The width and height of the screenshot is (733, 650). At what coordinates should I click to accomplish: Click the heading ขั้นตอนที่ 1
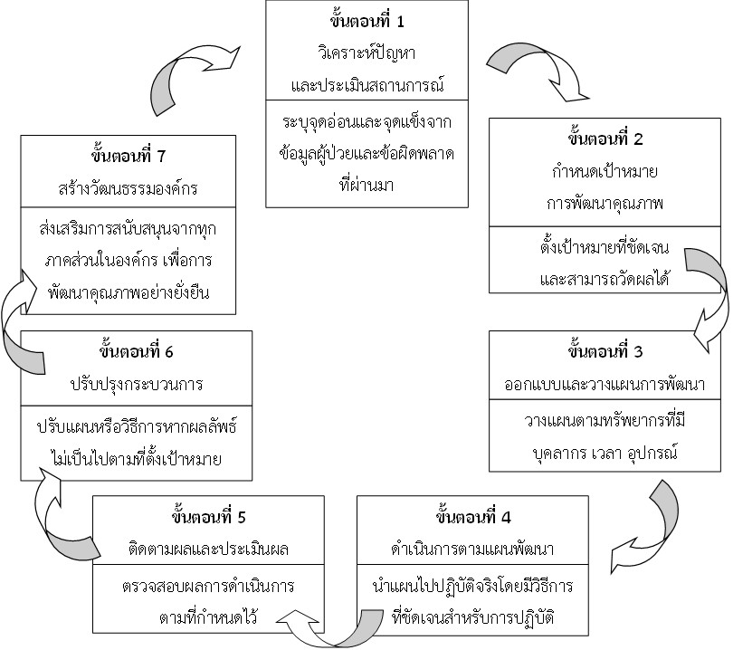[366, 20]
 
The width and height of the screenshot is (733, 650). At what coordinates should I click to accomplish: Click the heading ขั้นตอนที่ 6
[136, 350]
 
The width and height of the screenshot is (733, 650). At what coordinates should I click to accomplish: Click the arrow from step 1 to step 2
[525, 68]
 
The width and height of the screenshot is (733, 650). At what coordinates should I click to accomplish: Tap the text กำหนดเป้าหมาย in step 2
[605, 172]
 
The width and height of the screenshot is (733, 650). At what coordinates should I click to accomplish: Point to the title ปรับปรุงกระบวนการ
[136, 383]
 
